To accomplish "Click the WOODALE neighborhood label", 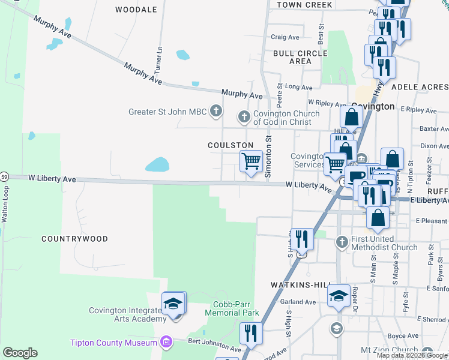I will pos(136,10).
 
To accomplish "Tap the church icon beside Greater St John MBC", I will pos(216,112).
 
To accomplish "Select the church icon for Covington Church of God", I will pos(244,117).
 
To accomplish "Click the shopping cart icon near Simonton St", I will pos(251,161).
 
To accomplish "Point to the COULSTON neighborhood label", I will pos(231,146).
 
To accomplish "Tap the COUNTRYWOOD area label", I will pos(74,239).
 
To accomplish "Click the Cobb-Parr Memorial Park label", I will pos(232,308).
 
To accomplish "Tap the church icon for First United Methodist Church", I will pos(342,242).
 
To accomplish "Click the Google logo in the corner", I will pos(20,353).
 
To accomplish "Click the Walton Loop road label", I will pos(5,208).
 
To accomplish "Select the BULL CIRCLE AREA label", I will pos(300,57).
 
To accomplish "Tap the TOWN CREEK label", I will pos(304,5).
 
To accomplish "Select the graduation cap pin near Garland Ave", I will pos(339,295).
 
